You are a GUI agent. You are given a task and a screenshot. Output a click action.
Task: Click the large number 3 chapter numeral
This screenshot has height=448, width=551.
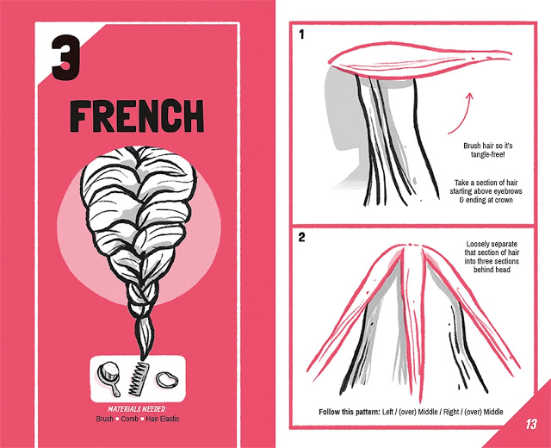65,58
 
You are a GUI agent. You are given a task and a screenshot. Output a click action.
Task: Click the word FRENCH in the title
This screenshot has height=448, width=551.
137,116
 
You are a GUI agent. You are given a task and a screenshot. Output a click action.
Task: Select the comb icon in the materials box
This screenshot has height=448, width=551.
138,379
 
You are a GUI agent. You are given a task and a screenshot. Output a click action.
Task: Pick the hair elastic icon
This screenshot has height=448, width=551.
167,380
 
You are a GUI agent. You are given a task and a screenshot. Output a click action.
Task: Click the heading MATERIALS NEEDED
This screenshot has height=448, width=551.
137,409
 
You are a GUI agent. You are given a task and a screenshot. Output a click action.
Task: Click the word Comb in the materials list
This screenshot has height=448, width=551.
130,419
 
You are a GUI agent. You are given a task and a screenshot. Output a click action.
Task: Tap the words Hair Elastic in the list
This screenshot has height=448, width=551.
163,419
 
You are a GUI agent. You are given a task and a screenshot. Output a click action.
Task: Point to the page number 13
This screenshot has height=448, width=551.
531,424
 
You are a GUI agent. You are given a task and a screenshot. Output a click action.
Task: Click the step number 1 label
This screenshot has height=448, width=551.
301,34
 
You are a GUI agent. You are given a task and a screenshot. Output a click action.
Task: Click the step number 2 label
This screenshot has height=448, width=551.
302,238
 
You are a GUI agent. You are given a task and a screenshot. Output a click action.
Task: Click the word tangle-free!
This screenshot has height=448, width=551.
488,154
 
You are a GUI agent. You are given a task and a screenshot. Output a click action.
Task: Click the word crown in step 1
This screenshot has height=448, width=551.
503,200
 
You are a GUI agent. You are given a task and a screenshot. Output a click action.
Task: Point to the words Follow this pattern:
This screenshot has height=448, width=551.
350,412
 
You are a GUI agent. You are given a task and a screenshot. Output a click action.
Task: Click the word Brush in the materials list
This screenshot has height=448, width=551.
105,419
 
